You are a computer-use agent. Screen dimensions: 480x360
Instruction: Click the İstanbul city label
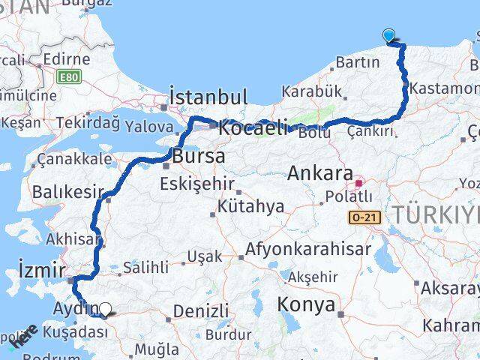[208, 97]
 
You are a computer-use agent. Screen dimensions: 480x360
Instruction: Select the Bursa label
[198, 157]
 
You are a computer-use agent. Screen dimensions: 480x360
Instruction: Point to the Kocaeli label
[253, 128]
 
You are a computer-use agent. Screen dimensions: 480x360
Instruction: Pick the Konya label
[306, 304]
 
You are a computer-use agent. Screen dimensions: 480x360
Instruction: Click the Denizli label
[201, 310]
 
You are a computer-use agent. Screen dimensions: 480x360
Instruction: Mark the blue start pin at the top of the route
[388, 34]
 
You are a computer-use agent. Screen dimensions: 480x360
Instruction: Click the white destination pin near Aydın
[106, 309]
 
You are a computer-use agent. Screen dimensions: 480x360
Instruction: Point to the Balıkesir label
[66, 192]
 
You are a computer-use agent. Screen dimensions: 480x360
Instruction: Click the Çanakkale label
[74, 159]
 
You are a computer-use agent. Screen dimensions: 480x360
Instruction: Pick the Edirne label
[66, 59]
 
